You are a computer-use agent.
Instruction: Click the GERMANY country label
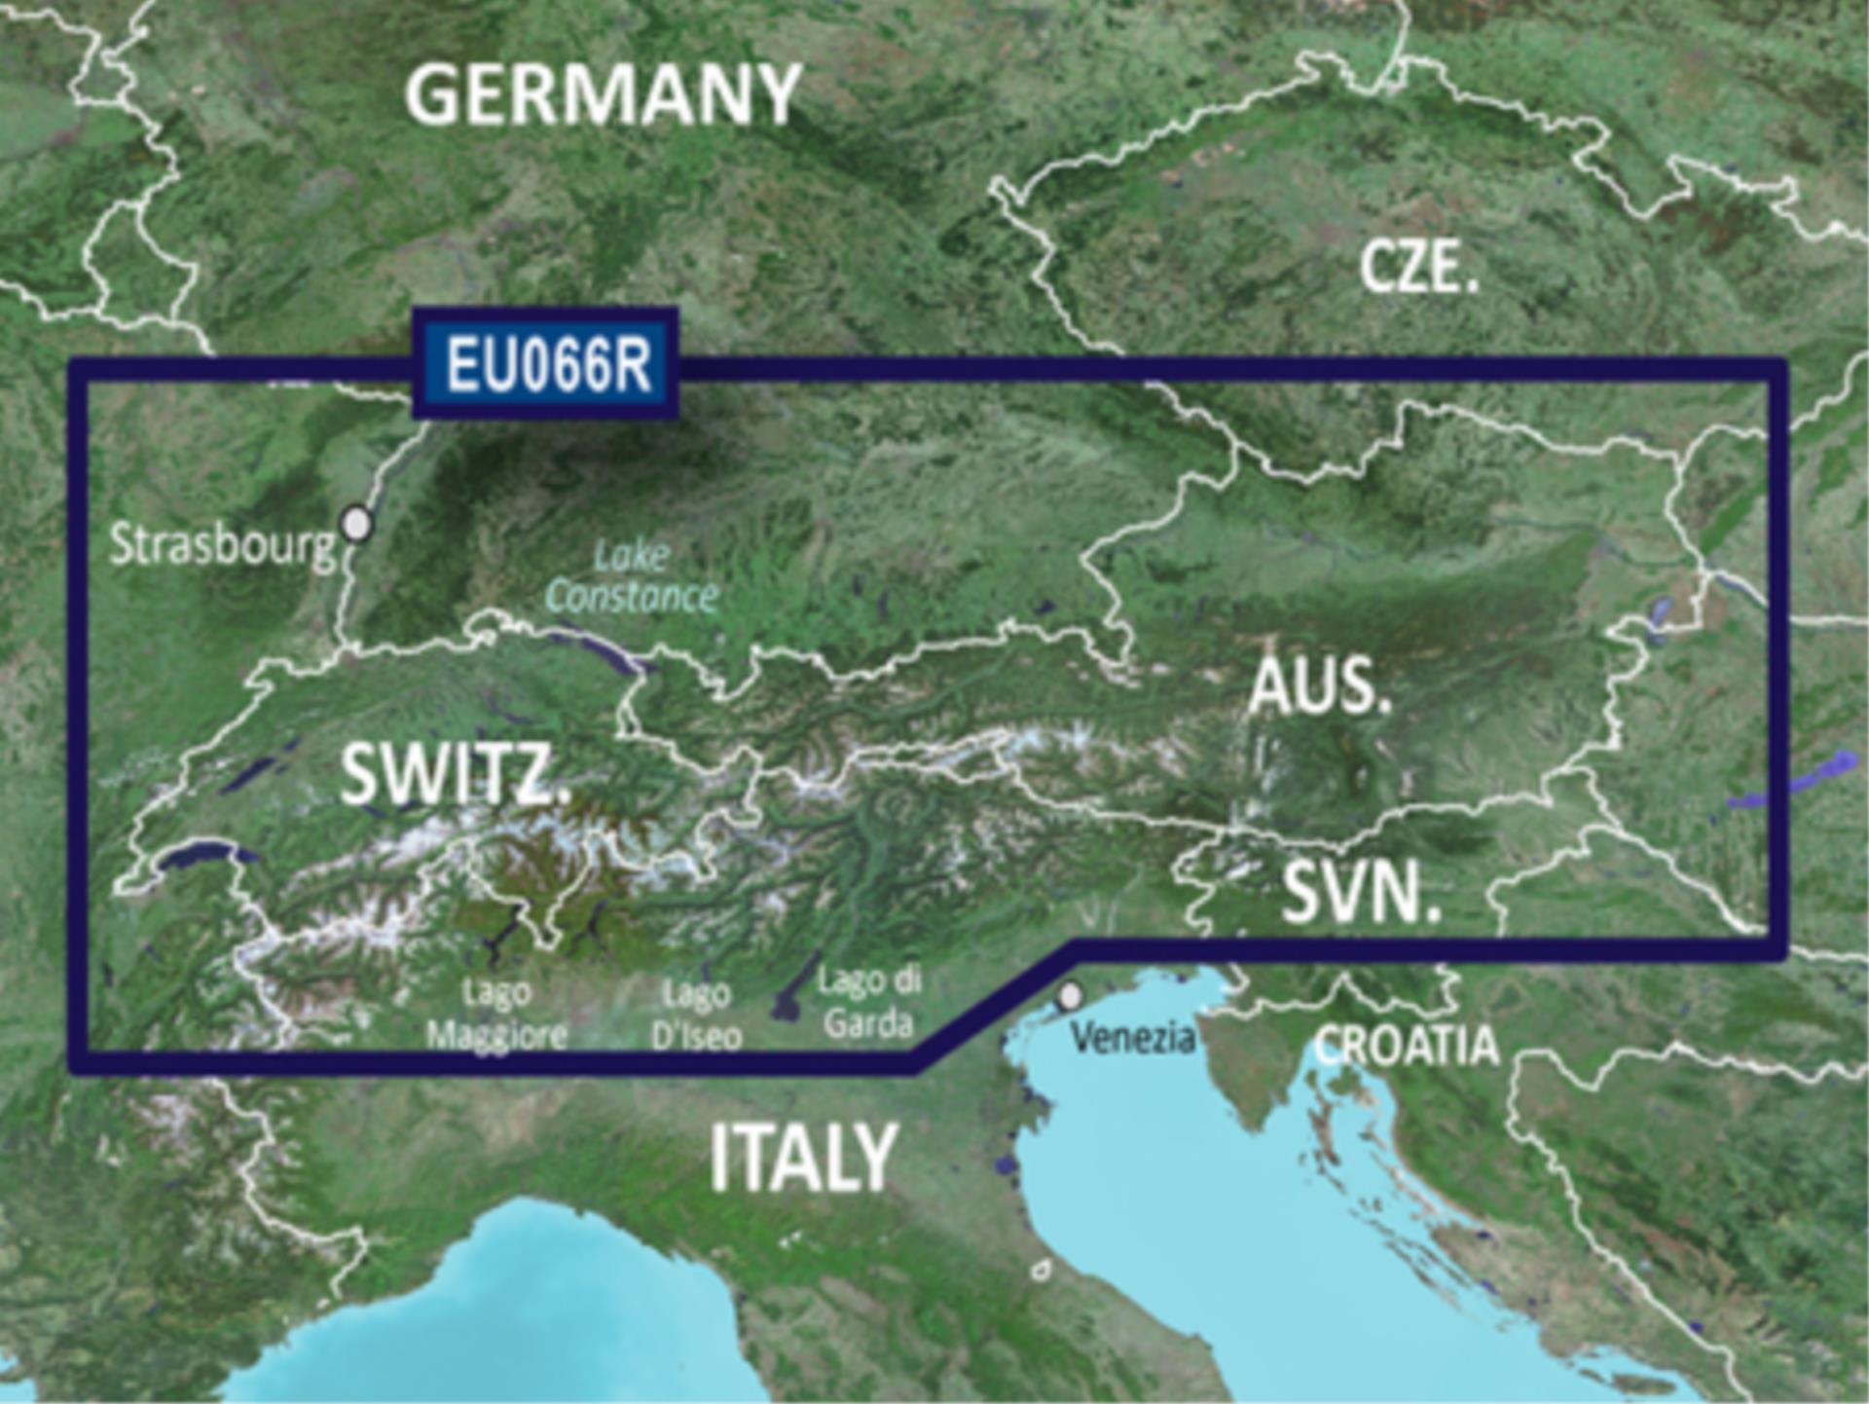coord(603,94)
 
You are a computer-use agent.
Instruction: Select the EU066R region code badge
coord(546,364)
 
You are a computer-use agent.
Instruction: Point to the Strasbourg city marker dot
coord(358,523)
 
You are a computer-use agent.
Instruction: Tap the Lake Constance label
coord(632,576)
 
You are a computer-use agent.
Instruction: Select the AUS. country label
coord(1320,684)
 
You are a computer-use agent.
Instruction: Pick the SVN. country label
coord(1360,893)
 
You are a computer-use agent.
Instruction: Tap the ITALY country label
coord(802,1158)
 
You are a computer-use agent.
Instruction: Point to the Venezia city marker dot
coord(1070,996)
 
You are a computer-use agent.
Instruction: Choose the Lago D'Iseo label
coord(696,1015)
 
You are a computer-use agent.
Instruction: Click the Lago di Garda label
coord(868,1002)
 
